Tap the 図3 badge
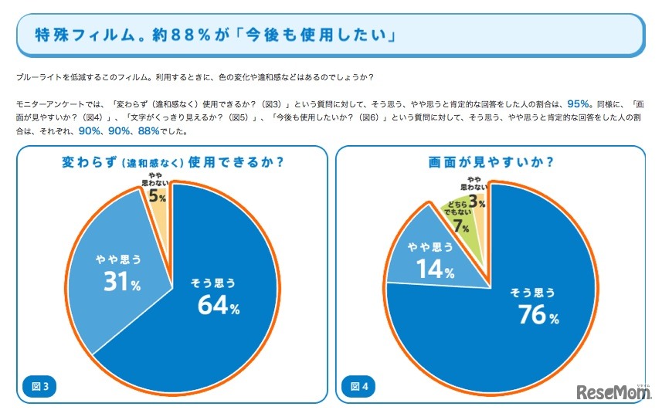click(x=39, y=385)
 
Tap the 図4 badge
click(x=360, y=385)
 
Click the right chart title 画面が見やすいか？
click(x=491, y=162)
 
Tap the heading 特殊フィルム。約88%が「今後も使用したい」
click(x=215, y=35)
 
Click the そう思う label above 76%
click(x=532, y=293)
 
